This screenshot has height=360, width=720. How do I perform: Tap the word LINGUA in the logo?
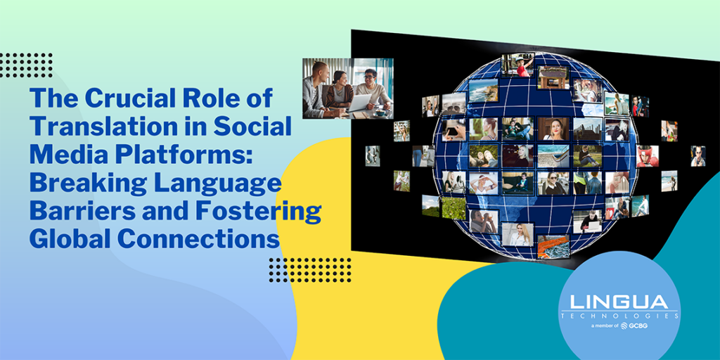coord(619,302)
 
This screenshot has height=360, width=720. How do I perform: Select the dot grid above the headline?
coord(26,65)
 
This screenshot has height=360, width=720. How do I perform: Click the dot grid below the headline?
coord(309,269)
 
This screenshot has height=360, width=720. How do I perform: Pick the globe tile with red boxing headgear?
coord(648,155)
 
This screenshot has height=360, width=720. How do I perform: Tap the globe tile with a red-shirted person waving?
coord(518,65)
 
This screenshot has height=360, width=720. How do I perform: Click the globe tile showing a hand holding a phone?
coord(454,129)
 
